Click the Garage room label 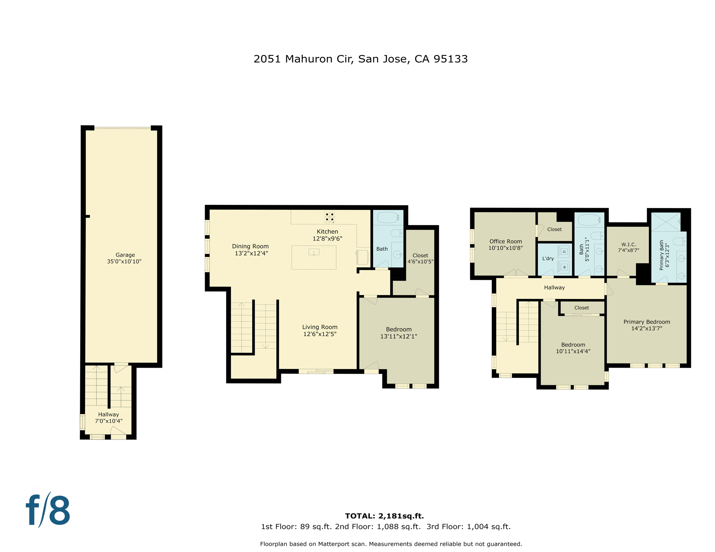(x=125, y=255)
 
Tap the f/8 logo (x=48, y=510)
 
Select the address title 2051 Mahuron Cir (x=360, y=59)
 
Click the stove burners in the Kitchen (x=329, y=217)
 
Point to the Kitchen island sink (x=314, y=252)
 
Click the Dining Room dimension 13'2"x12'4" (x=251, y=253)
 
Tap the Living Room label (x=319, y=327)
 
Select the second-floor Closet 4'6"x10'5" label (x=420, y=258)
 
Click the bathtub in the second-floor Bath (x=388, y=217)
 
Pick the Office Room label (x=505, y=241)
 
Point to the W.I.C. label (x=628, y=244)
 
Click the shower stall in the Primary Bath (x=665, y=222)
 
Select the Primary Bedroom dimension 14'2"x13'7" (x=646, y=328)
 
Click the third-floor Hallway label (x=554, y=287)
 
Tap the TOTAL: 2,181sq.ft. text (x=384, y=516)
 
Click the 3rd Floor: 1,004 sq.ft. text (x=468, y=527)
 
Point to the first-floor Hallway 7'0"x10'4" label (x=108, y=418)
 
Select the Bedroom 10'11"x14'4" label (x=573, y=348)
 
